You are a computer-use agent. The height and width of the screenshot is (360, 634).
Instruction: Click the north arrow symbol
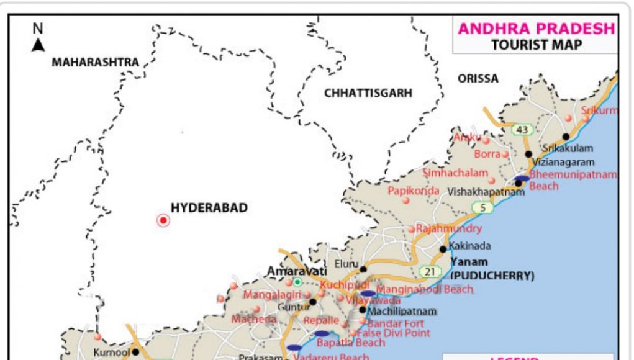point(38,44)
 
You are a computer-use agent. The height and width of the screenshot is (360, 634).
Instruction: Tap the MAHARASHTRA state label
point(95,62)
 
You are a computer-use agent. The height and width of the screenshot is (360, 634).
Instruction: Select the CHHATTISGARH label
point(368,92)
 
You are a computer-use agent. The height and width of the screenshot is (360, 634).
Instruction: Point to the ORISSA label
point(478,78)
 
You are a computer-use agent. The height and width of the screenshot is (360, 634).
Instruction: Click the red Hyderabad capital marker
point(163,220)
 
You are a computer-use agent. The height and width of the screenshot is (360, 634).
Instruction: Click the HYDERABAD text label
point(209,208)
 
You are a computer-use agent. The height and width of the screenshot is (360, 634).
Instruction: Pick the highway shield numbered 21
point(430,271)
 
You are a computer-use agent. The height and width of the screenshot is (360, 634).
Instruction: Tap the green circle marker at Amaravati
point(297,282)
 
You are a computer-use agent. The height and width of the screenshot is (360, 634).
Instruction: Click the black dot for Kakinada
point(443,249)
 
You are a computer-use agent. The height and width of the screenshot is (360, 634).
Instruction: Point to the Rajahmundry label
point(448,228)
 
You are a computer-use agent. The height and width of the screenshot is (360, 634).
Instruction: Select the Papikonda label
point(414,191)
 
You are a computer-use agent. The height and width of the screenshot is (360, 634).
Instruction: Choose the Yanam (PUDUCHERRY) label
point(492,269)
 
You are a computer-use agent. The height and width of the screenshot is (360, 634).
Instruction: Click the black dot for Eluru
point(363,269)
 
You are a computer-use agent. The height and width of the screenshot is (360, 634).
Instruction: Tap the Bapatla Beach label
point(351,343)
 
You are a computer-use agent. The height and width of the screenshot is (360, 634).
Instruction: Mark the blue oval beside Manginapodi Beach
point(368,293)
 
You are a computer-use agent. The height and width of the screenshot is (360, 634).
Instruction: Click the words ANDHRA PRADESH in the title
point(536,29)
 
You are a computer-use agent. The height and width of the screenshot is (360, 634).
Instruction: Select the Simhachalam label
point(455,173)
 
